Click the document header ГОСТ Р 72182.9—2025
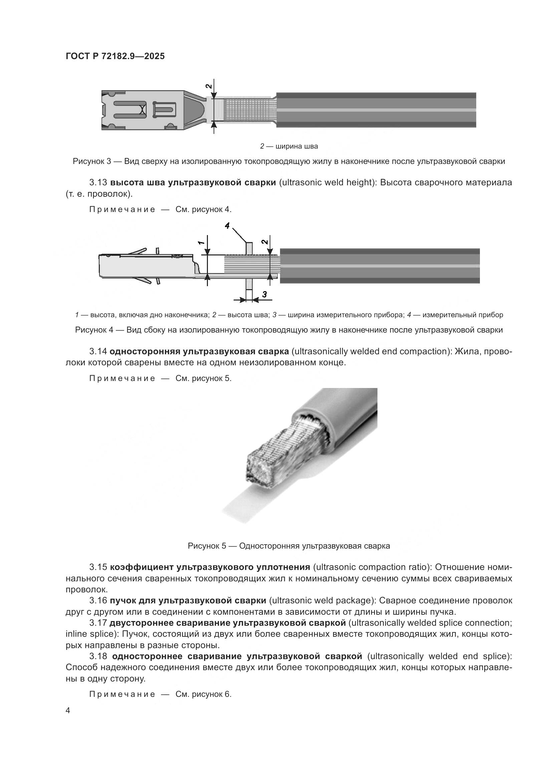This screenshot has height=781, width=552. click(115, 56)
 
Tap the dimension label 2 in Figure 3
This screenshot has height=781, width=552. click(209, 86)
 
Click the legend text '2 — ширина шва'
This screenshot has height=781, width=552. click(289, 146)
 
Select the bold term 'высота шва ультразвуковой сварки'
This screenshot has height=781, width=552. click(193, 183)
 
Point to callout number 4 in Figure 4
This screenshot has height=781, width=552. click(227, 225)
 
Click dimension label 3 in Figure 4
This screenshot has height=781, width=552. click(264, 294)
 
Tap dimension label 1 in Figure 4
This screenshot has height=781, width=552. click(201, 242)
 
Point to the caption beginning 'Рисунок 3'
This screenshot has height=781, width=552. click(289, 162)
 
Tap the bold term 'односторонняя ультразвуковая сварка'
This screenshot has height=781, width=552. click(199, 351)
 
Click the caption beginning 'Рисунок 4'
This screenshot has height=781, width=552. click(289, 330)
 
